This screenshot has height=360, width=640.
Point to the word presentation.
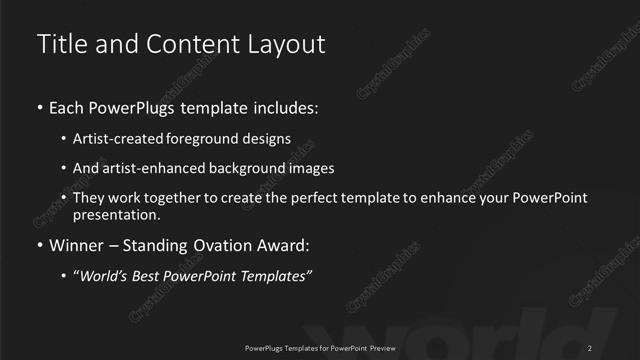[x=116, y=215]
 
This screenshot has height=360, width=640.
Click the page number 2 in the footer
[x=591, y=347]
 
